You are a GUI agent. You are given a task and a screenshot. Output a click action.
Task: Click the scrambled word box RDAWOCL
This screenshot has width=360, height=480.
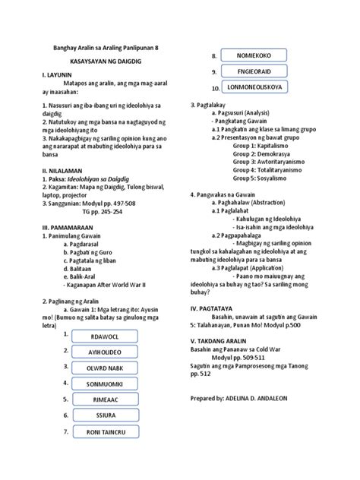pyautogui.click(x=106, y=336)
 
